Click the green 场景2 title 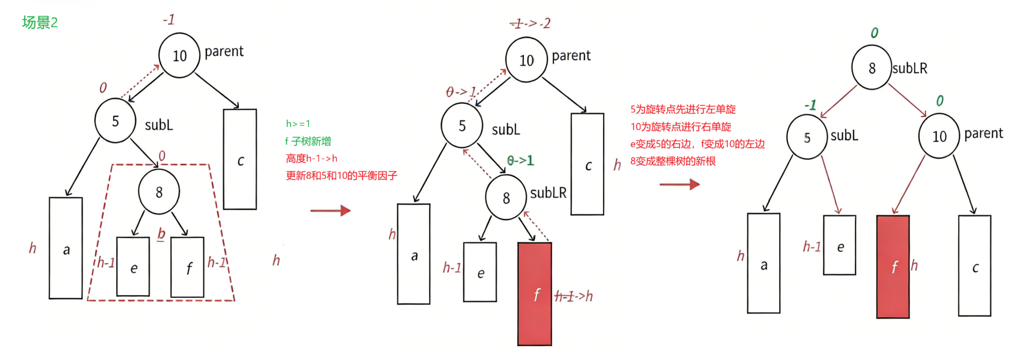(40, 22)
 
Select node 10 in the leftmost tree (179, 55)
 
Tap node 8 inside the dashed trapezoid (159, 192)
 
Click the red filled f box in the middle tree (535, 294)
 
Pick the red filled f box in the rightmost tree (893, 266)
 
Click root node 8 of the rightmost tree (871, 68)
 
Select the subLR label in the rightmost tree (909, 69)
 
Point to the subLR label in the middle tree (548, 193)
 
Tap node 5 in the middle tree (462, 126)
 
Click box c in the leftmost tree (240, 160)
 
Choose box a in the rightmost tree (763, 263)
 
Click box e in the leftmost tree (133, 267)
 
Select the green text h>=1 (298, 124)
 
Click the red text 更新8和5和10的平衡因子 (341, 176)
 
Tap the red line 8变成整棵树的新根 (673, 161)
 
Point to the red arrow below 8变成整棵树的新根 (679, 184)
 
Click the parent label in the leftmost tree (224, 51)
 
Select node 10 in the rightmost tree (939, 137)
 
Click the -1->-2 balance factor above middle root (530, 24)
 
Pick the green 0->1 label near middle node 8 (520, 160)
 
